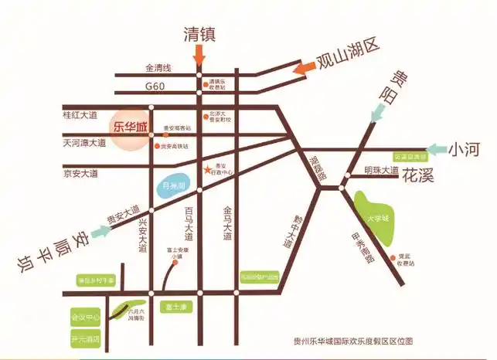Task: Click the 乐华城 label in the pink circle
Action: [129, 126]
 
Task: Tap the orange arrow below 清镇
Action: [199, 54]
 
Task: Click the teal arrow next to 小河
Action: [437, 148]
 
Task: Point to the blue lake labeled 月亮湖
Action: [173, 186]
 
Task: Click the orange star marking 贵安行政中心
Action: [206, 169]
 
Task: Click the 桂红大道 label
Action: [80, 114]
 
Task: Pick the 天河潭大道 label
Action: [84, 143]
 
